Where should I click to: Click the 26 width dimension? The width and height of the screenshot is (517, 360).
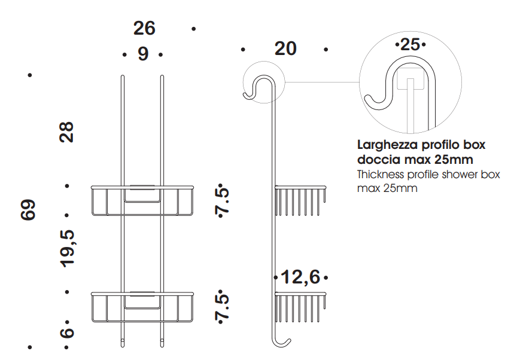(144, 28)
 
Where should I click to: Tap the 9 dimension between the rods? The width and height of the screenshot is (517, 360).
(143, 54)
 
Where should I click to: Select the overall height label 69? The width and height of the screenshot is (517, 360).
(28, 209)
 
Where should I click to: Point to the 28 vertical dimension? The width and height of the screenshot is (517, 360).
(66, 132)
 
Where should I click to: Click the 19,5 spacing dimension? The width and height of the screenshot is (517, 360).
(67, 248)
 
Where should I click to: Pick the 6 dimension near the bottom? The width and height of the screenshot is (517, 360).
(66, 332)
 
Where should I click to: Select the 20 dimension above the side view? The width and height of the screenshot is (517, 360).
(285, 49)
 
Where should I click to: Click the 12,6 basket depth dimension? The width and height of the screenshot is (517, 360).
(300, 277)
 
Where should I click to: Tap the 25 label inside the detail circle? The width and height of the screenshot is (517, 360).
(410, 44)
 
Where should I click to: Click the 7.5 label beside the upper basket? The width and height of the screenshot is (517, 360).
(222, 200)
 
